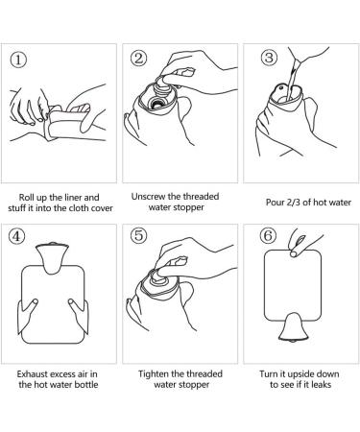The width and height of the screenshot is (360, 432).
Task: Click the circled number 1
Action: click(18, 60)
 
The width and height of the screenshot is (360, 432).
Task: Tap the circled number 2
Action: click(138, 59)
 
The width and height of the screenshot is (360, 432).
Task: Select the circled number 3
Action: click(269, 58)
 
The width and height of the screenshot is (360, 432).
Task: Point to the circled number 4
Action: click(16, 237)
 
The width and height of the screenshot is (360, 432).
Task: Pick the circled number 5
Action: click(138, 235)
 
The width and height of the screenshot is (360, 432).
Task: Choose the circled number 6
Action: click(268, 236)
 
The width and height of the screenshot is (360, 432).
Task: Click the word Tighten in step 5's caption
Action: click(154, 373)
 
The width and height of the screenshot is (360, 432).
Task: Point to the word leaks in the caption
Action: click(321, 384)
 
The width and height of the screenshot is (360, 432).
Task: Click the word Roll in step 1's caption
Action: click(27, 198)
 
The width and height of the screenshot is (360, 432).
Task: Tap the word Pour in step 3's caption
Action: click(276, 203)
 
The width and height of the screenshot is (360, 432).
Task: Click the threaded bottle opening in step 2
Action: click(156, 103)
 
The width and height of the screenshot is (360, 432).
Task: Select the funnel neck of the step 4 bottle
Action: click(52, 258)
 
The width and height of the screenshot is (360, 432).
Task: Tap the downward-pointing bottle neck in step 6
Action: click(293, 327)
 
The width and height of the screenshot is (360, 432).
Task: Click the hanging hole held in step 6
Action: click(293, 254)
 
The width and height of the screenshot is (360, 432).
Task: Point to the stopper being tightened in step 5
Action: click(159, 279)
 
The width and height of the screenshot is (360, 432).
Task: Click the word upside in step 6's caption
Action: click(300, 374)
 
